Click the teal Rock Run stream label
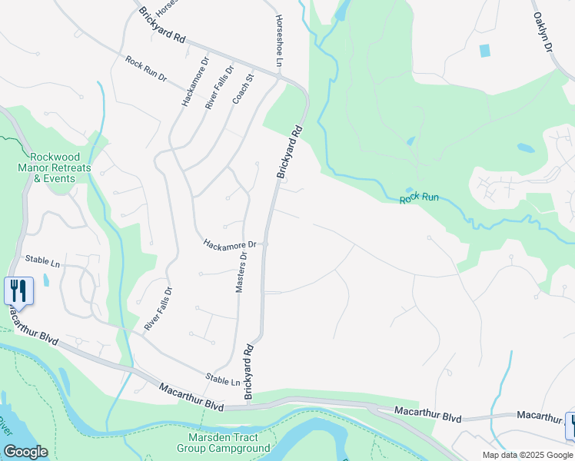point(419,197)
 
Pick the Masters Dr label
point(240,272)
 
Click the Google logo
point(25,452)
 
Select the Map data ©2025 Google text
point(527,455)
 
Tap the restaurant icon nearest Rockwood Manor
point(18,291)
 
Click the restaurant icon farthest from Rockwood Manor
point(571,425)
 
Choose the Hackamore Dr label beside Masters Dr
point(230,244)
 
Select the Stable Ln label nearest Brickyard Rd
point(224,380)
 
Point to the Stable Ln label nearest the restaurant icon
point(42,261)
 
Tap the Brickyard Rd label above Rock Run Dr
point(163,25)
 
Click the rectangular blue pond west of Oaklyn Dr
point(484,51)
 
